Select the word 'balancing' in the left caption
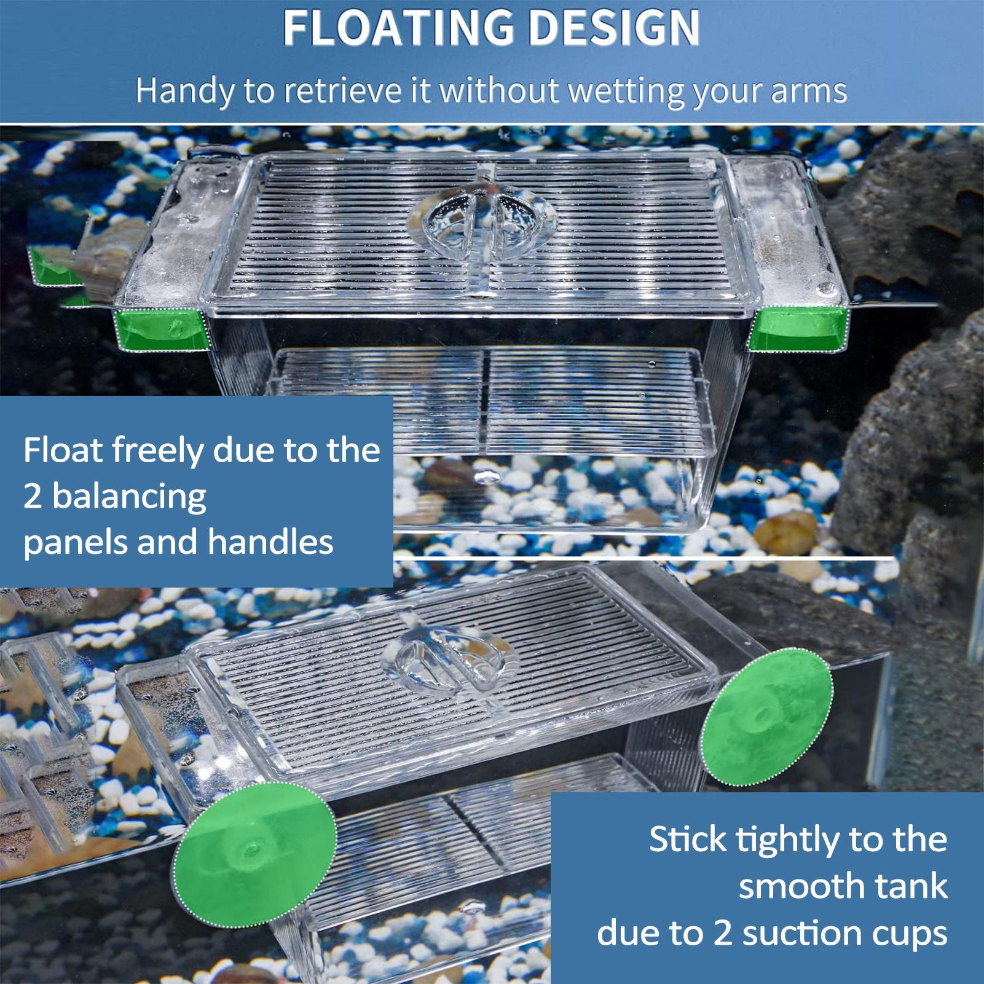[129, 497]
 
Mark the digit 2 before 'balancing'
[32, 497]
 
